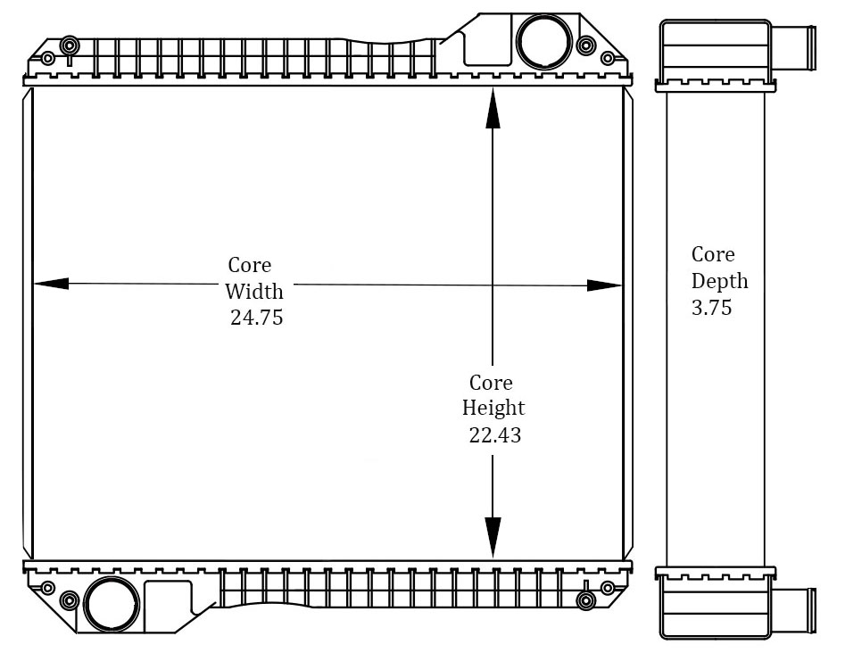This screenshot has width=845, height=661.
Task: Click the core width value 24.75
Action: (x=256, y=317)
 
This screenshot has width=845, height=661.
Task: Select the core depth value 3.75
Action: (x=711, y=308)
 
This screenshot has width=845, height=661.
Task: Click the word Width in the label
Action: (x=254, y=291)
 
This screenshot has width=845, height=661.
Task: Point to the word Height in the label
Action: (x=493, y=409)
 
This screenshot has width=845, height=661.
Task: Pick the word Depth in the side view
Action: (x=720, y=281)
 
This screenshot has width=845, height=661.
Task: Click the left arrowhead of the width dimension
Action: (x=50, y=284)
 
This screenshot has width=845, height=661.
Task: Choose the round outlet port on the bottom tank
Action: (x=112, y=604)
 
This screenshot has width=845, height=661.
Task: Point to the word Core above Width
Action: (x=250, y=265)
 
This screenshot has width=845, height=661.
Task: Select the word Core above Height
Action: (x=491, y=383)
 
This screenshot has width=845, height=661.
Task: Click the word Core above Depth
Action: (x=713, y=254)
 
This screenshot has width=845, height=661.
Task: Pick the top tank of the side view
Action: (x=714, y=49)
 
